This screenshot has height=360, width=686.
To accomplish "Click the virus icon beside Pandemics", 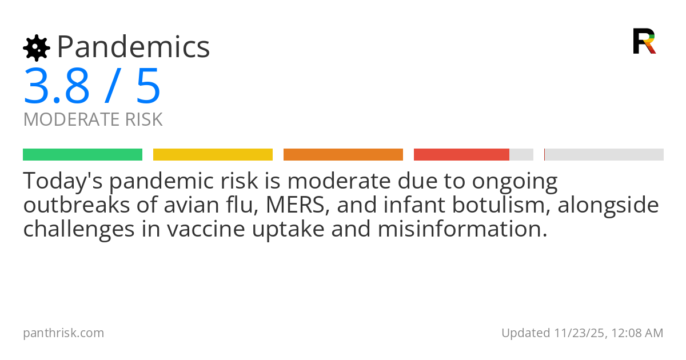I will pyautogui.click(x=36, y=47).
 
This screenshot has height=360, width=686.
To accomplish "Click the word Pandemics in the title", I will pyautogui.click(x=133, y=47).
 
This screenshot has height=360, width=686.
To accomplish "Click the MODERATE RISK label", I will pyautogui.click(x=93, y=119).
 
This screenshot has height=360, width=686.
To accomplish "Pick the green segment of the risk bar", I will pyautogui.click(x=82, y=154).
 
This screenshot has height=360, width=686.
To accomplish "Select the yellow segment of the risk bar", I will pyautogui.click(x=213, y=154).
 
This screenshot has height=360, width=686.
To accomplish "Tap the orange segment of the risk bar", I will pyautogui.click(x=343, y=154).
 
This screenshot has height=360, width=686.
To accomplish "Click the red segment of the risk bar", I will pyautogui.click(x=461, y=154).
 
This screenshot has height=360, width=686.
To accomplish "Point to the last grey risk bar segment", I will pyautogui.click(x=604, y=154).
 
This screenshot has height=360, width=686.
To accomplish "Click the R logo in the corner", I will pyautogui.click(x=644, y=41).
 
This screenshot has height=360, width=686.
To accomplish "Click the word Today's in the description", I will pyautogui.click(x=62, y=182).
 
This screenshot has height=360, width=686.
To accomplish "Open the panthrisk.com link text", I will pyautogui.click(x=63, y=333).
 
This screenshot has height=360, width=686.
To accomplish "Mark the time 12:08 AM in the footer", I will pyautogui.click(x=637, y=333).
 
